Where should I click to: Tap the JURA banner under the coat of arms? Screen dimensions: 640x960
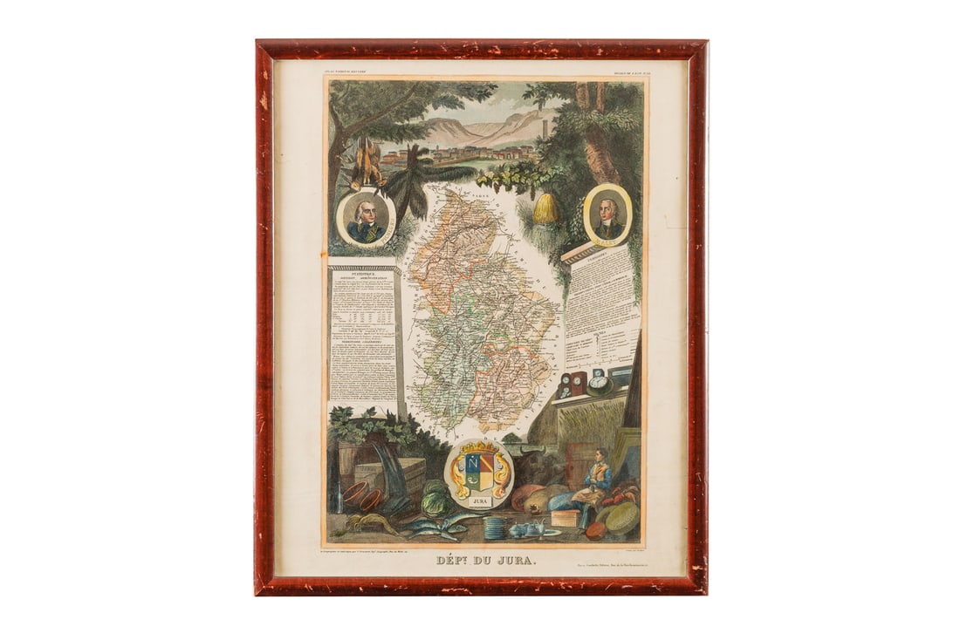[x=478, y=503]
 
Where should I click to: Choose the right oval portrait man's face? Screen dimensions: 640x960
[x=608, y=209]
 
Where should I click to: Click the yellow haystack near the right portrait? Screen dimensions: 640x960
[x=546, y=209]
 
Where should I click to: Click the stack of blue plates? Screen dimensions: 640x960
[x=495, y=528]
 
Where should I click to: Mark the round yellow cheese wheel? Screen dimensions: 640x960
[x=622, y=518]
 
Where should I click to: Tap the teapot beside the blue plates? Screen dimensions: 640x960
[x=527, y=528]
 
